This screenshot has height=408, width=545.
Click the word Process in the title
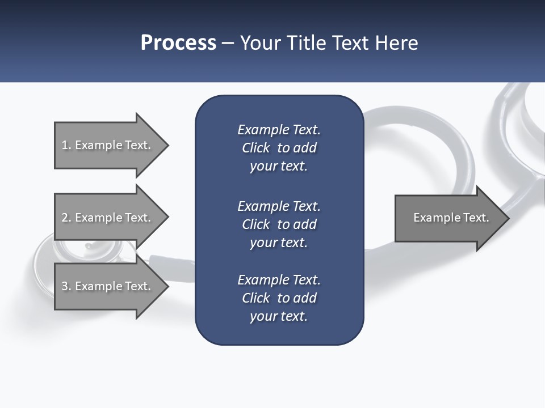point(178,42)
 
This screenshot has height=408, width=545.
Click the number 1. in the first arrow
point(66,145)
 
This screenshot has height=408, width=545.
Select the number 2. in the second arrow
point(66,218)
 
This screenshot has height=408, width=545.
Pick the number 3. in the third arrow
point(66,286)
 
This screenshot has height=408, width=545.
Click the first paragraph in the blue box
point(279,148)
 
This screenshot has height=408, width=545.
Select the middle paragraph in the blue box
point(279,224)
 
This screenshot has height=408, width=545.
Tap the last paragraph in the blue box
point(279,298)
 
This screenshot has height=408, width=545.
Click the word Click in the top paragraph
point(255,148)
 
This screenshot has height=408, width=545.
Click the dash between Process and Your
point(228,43)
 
